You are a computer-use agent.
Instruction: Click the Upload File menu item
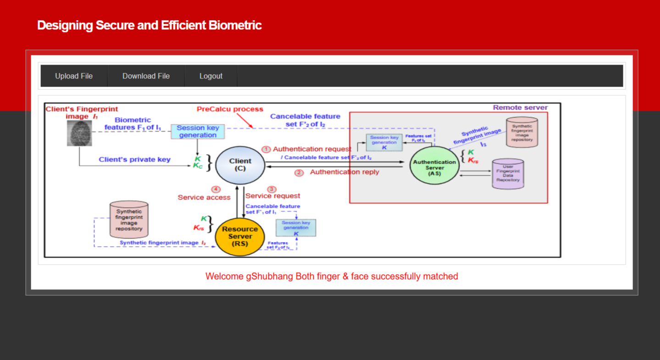pyautogui.click(x=74, y=76)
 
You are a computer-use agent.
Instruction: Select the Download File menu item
pyautogui.click(x=146, y=76)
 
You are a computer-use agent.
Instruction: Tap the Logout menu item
pyautogui.click(x=211, y=76)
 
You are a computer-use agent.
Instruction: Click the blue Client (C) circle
pyautogui.click(x=240, y=165)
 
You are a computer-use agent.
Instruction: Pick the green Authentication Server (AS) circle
pyautogui.click(x=434, y=166)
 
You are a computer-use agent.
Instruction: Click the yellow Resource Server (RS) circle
pyautogui.click(x=239, y=236)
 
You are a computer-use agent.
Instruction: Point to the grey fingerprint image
pyautogui.click(x=79, y=133)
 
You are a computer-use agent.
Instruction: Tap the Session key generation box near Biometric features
pyautogui.click(x=198, y=132)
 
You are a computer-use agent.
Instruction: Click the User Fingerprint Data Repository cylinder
pyautogui.click(x=508, y=174)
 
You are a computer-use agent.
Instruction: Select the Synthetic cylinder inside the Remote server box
pyautogui.click(x=522, y=133)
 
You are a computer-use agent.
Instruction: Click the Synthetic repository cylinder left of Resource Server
pyautogui.click(x=129, y=220)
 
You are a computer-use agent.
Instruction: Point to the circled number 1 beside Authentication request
pyautogui.click(x=266, y=150)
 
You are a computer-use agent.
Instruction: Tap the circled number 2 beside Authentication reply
pyautogui.click(x=299, y=173)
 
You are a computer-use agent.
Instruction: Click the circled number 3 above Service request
pyautogui.click(x=272, y=189)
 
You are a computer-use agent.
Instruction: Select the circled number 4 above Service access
pyautogui.click(x=216, y=189)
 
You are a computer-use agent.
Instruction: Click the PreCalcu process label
pyautogui.click(x=230, y=109)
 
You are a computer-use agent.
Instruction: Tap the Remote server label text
pyautogui.click(x=520, y=108)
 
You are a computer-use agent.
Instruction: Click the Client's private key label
pyautogui.click(x=134, y=160)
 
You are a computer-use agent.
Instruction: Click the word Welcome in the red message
pyautogui.click(x=224, y=277)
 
